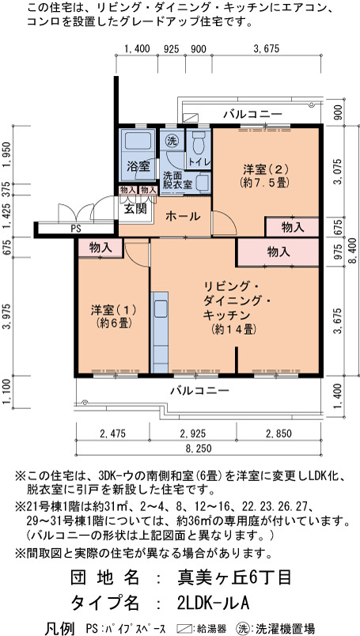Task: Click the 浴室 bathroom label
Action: pyautogui.click(x=138, y=165)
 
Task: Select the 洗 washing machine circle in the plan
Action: pyautogui.click(x=172, y=141)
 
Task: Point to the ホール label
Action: pyautogui.click(x=183, y=216)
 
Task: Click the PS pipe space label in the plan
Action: pyautogui.click(x=76, y=229)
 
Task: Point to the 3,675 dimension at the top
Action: pyautogui.click(x=267, y=49)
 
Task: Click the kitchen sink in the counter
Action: pyautogui.click(x=160, y=310)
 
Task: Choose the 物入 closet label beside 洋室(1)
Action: pyautogui.click(x=100, y=248)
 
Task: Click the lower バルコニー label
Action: pyautogui.click(x=199, y=391)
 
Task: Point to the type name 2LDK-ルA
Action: pyautogui.click(x=213, y=603)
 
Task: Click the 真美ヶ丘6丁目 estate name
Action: pyautogui.click(x=234, y=577)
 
